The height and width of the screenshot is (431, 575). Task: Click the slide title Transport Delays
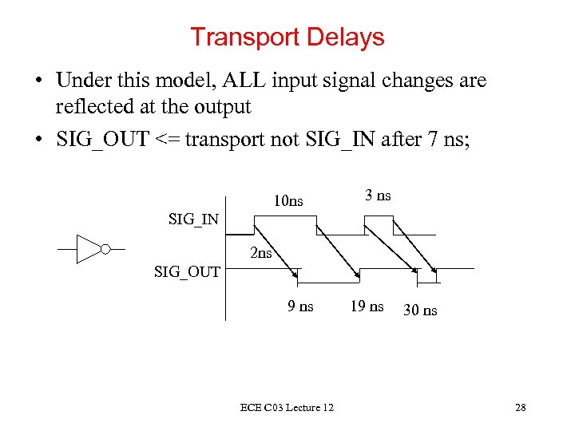click(x=287, y=38)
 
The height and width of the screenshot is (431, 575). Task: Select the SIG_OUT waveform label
click(x=187, y=271)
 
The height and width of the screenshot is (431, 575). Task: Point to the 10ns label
click(x=287, y=200)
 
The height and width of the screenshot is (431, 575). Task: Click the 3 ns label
click(x=378, y=196)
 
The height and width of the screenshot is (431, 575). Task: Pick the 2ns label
click(x=261, y=255)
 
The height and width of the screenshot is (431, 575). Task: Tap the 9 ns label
click(x=300, y=306)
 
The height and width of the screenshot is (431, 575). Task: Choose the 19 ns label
click(x=367, y=306)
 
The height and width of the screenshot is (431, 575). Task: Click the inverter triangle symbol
click(x=87, y=249)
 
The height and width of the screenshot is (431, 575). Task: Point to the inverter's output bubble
click(x=105, y=249)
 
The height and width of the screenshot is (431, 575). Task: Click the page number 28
click(x=520, y=409)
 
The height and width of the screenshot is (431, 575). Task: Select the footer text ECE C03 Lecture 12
click(x=287, y=409)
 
